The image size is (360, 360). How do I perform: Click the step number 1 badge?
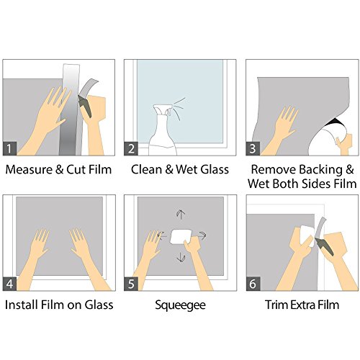pos(9,148)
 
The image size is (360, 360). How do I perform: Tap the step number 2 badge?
pos(131,148)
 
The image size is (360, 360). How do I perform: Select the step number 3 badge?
pos(253,148)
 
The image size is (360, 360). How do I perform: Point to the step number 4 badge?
pos(9,284)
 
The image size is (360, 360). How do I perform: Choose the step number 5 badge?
pos(131,284)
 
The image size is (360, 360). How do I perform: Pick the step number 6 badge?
pos(253,284)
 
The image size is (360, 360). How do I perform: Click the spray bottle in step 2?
pos(163,131)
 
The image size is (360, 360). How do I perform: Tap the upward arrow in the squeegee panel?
pos(181,215)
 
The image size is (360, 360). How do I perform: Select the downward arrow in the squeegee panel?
pos(181,257)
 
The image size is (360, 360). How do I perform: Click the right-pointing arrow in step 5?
pos(202,235)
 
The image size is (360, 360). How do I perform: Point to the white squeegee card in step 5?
pos(181,236)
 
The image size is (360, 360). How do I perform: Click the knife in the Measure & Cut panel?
pos(85,107)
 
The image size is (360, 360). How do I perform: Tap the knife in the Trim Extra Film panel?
pos(325,246)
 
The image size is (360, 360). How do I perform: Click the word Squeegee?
pos(180,305)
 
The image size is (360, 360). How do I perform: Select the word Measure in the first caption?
pos(29,169)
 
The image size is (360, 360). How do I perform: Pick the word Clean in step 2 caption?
pos(146,169)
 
